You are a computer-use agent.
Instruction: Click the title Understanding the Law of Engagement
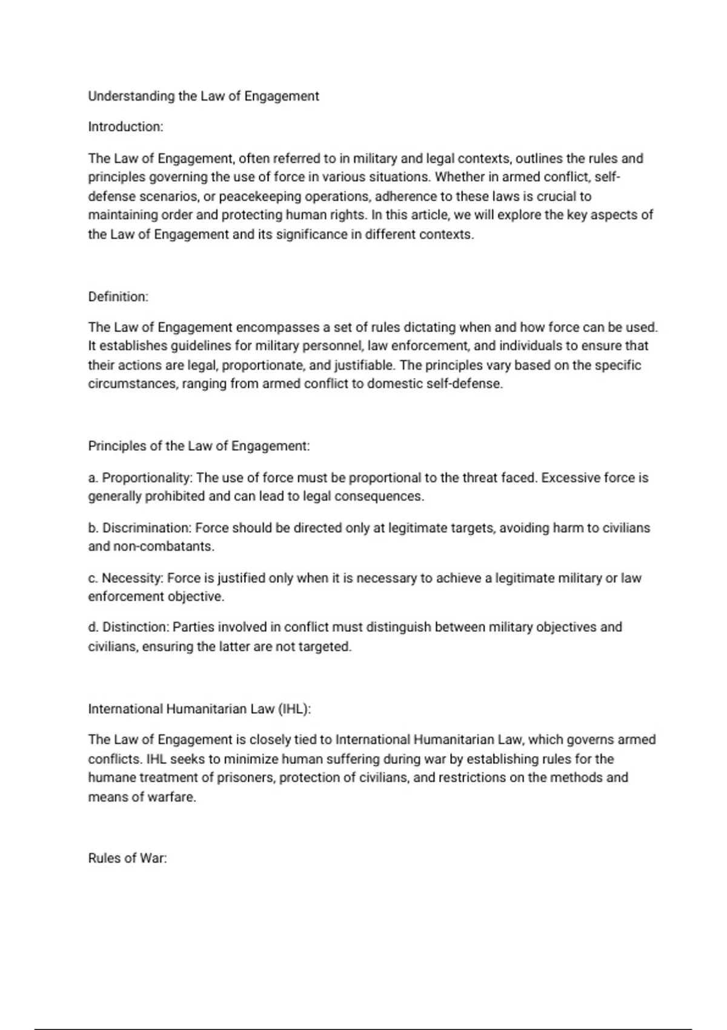[x=204, y=96]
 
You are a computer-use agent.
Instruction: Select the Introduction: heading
[x=125, y=127]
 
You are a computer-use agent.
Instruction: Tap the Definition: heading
[x=118, y=297]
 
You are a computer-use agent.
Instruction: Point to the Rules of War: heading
[x=127, y=859]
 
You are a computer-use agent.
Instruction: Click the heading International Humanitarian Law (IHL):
[x=199, y=709]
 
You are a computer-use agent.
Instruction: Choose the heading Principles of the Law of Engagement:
[x=199, y=446]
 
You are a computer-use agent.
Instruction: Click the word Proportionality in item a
[x=147, y=477]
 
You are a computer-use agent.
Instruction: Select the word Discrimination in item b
[x=147, y=528]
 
